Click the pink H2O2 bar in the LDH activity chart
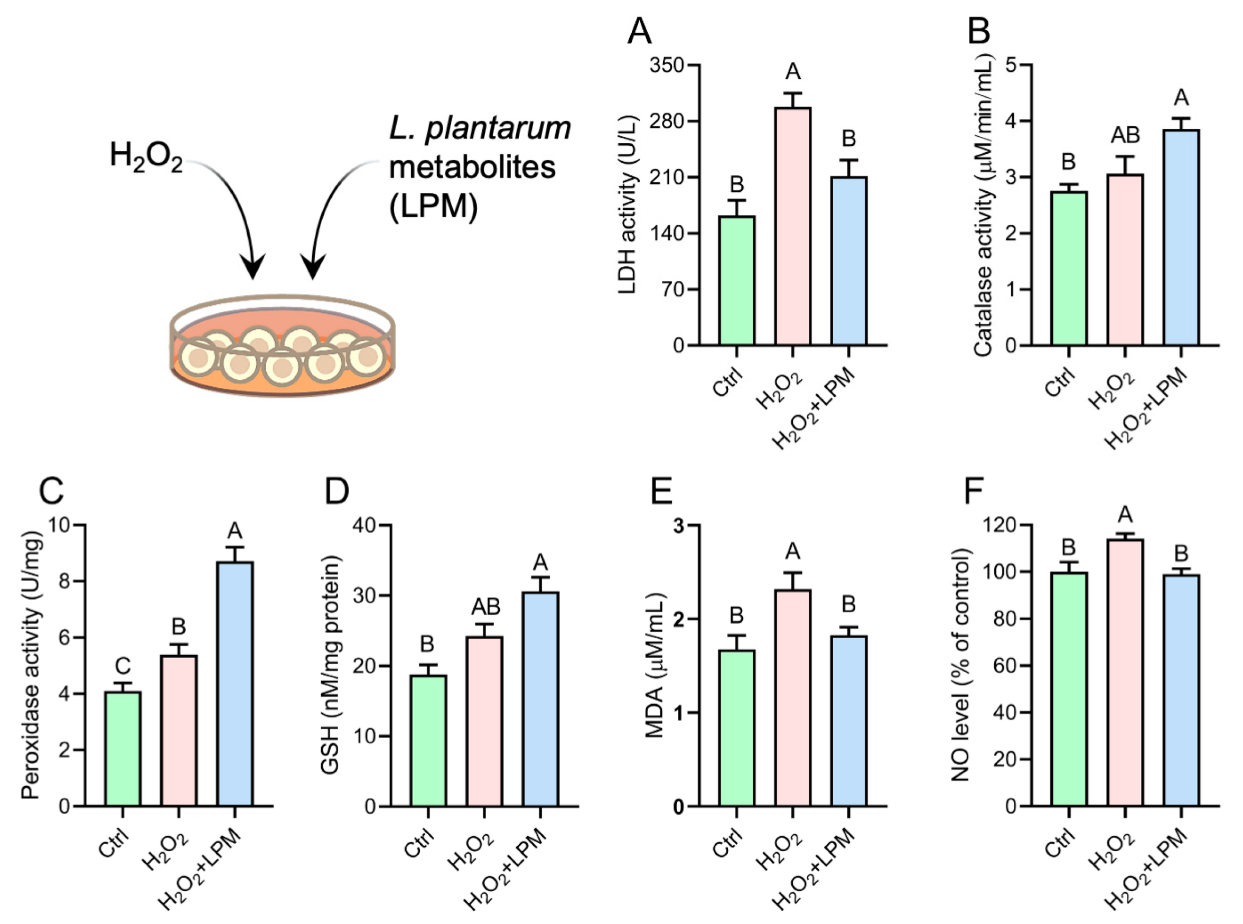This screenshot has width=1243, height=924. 792,226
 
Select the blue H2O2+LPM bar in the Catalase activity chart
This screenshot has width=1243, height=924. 1181,237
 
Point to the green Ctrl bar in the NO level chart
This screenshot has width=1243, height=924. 1069,688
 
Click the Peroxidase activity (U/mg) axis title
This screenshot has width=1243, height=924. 32,665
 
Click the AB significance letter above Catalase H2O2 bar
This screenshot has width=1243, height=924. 1125,135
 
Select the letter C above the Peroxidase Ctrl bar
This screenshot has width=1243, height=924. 123,666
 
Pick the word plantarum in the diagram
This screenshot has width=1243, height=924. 498,129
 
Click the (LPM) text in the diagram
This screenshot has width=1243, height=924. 433,206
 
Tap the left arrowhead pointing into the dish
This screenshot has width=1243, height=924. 253,267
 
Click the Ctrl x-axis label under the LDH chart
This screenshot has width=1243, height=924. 728,381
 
